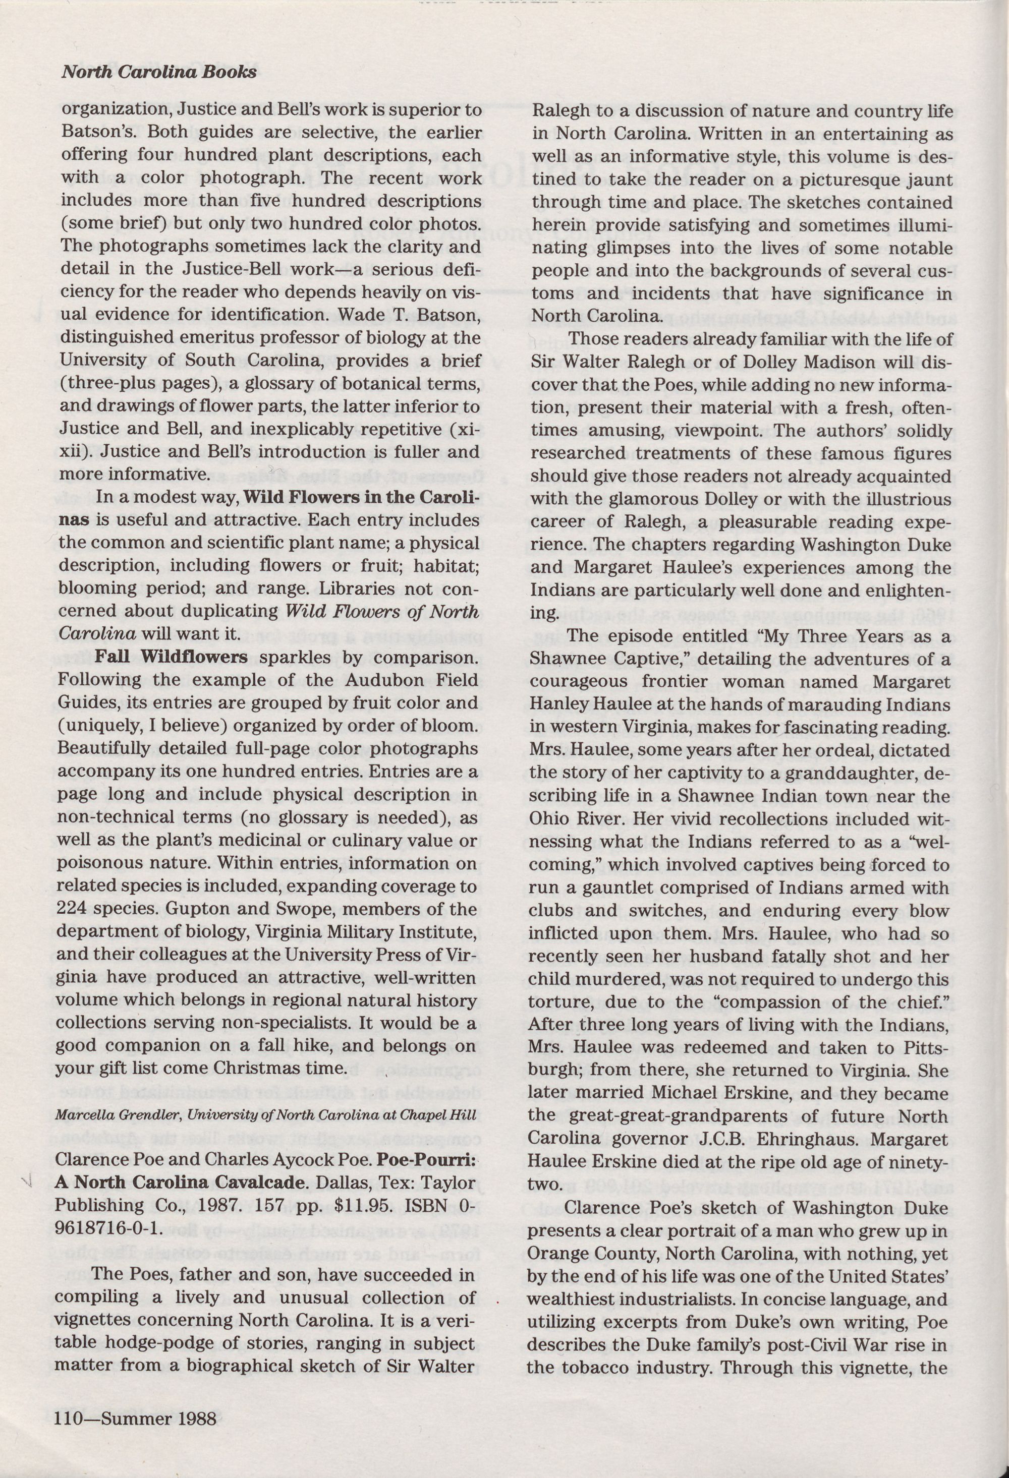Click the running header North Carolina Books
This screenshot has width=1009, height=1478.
159,72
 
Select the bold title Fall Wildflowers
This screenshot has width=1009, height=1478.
171,657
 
